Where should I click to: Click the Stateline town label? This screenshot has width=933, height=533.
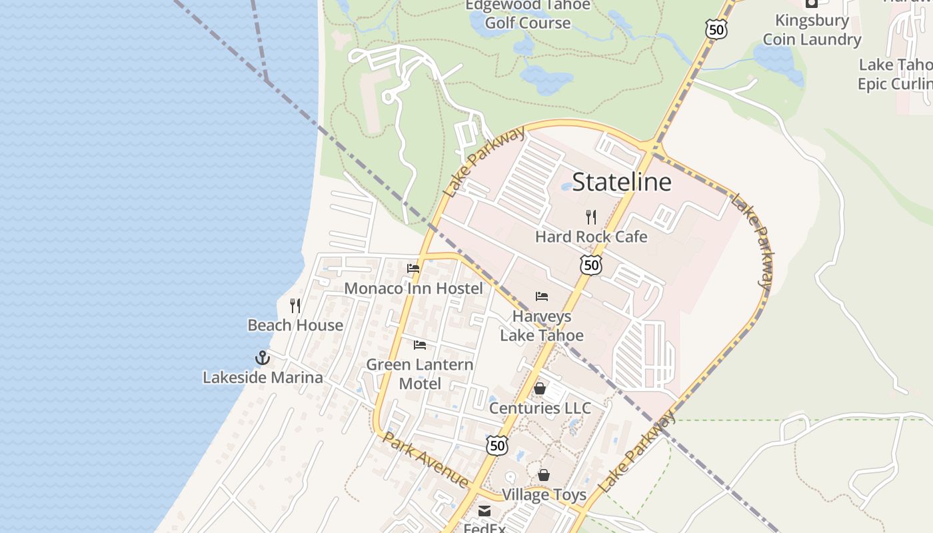coord(622,182)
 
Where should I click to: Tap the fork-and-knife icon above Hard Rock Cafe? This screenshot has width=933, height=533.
coord(590,217)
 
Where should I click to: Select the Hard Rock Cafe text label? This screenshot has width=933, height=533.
coord(591,237)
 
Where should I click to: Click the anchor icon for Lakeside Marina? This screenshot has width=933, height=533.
coord(263,358)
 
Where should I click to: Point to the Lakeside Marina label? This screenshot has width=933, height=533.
coord(263,377)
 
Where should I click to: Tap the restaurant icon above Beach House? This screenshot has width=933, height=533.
coord(295,306)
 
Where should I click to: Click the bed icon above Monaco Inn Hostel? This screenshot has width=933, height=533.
coord(413,269)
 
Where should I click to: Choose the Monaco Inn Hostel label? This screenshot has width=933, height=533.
coord(413,288)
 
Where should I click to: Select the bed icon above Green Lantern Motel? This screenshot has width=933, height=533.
coord(420,345)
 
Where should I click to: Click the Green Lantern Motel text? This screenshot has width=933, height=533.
coord(420,374)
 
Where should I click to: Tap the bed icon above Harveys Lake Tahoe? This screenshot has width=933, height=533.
coord(542,296)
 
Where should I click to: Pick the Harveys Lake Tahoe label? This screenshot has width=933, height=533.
coord(542,326)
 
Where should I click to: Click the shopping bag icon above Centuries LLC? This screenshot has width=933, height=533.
coord(540,388)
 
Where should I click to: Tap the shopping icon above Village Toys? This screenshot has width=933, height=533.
coord(544,475)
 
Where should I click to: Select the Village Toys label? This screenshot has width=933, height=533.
coord(544,494)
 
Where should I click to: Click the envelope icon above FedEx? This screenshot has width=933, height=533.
coord(484,512)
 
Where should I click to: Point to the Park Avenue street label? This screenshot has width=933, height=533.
coord(426,460)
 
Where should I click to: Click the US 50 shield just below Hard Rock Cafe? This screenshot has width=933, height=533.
coord(590,265)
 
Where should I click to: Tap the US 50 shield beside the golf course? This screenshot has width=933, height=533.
coord(716,29)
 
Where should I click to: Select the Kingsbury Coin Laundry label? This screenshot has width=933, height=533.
coord(812,30)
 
